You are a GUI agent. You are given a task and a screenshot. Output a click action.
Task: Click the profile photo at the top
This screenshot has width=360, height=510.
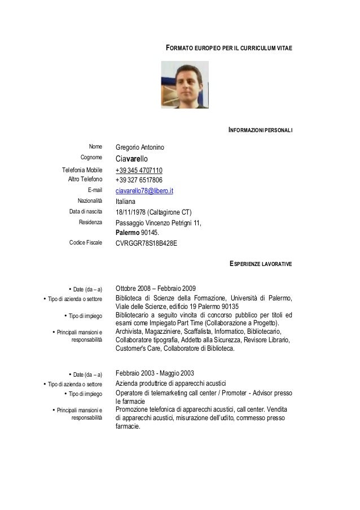click(x=185, y=85)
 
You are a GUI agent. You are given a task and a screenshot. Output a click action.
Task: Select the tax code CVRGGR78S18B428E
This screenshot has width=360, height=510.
click(x=146, y=243)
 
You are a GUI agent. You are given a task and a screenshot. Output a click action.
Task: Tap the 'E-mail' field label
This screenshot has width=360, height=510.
click(x=93, y=190)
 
